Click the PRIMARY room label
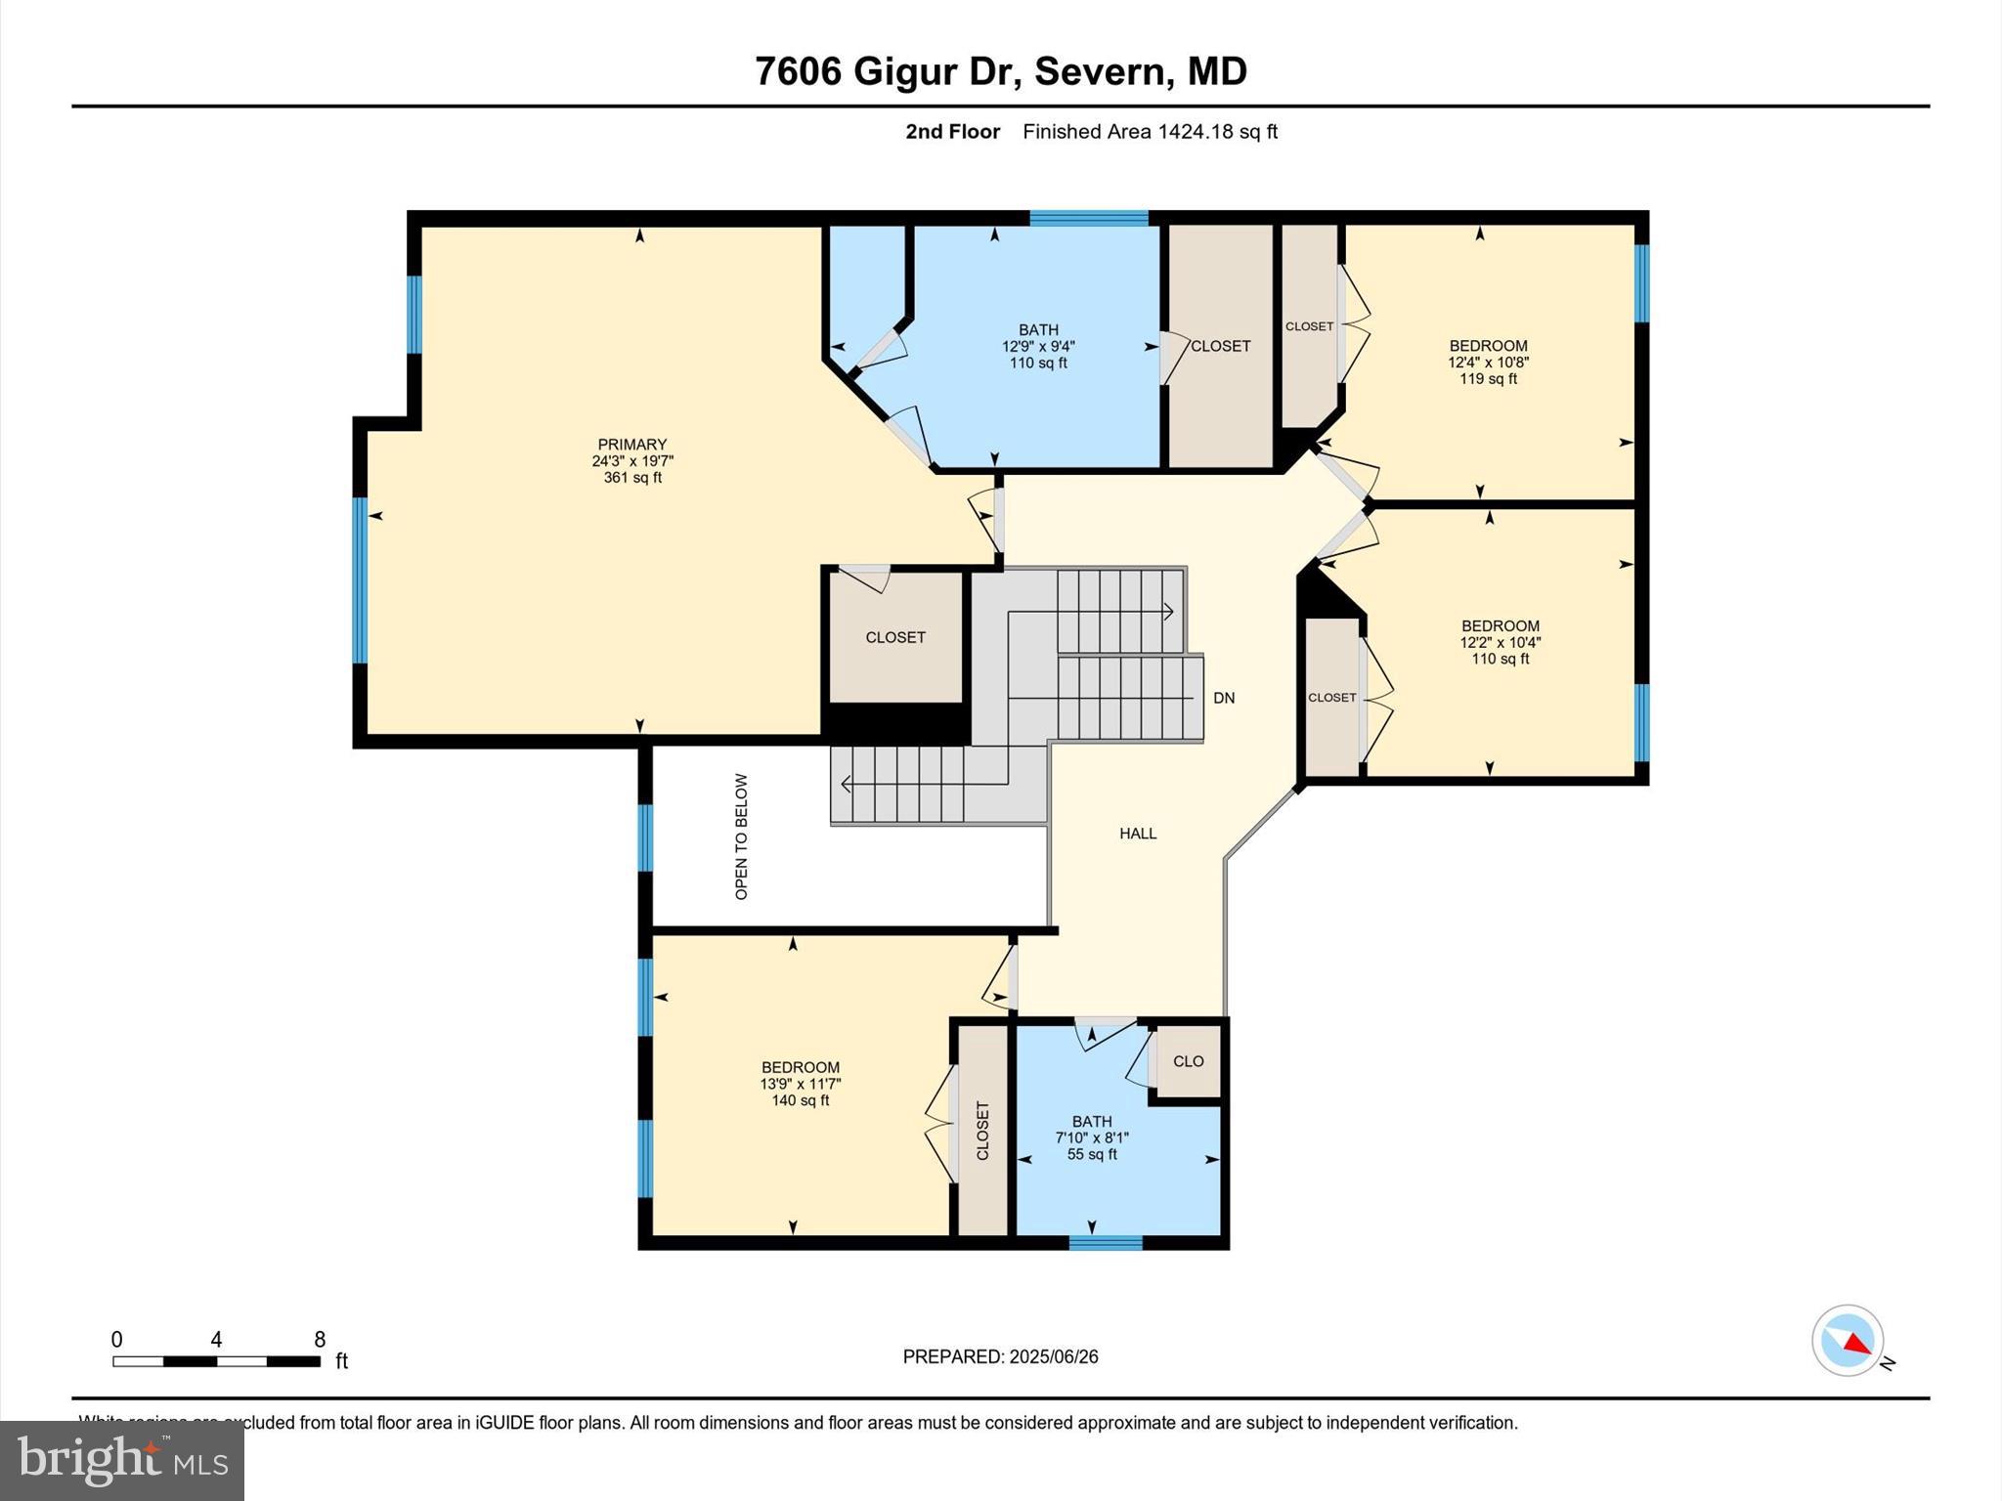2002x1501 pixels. click(631, 445)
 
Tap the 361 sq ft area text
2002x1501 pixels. click(631, 478)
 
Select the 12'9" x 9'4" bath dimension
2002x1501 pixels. click(1038, 347)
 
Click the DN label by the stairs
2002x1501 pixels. click(1224, 698)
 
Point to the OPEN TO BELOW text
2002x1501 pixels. click(741, 836)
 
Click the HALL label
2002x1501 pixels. click(1138, 834)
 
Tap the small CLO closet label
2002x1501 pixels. click(1188, 1061)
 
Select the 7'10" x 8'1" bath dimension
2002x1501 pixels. click(1091, 1138)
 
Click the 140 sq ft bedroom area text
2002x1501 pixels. click(800, 1100)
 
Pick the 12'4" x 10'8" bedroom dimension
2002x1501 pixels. click(1488, 363)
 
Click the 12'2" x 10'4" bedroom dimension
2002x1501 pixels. click(1500, 643)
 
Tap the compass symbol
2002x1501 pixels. click(1847, 1341)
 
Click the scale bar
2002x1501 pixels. click(216, 1361)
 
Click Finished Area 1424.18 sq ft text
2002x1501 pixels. click(1150, 132)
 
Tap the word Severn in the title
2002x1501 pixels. click(1099, 71)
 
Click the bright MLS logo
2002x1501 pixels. click(122, 1461)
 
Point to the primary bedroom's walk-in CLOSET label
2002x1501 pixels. click(894, 637)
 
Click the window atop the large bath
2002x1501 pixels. click(1088, 218)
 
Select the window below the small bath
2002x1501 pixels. click(1105, 1243)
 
